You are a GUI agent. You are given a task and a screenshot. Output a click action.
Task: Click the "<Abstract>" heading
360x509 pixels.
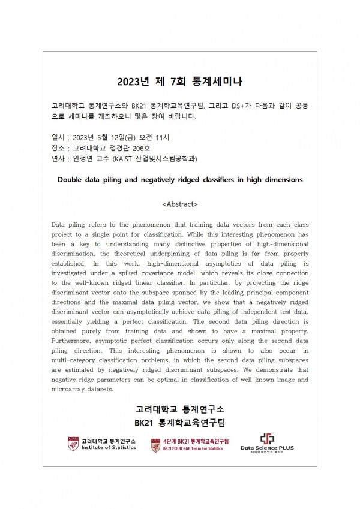pos(180,204)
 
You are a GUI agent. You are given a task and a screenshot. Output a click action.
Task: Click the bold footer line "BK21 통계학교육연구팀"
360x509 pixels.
pos(179,423)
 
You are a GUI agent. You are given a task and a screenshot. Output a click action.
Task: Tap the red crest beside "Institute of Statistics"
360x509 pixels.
pos(73,444)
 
